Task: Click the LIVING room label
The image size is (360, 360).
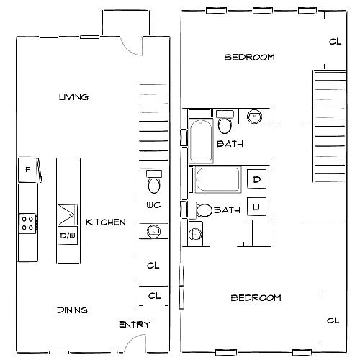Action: pyautogui.click(x=73, y=97)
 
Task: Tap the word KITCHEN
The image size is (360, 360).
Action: pyautogui.click(x=106, y=222)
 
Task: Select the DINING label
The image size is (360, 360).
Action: pyautogui.click(x=72, y=310)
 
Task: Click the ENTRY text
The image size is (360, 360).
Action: pyautogui.click(x=135, y=325)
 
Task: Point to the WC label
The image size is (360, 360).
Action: pyautogui.click(x=153, y=205)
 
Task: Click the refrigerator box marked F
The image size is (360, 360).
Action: pyautogui.click(x=27, y=170)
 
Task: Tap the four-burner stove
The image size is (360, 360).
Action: pyautogui.click(x=27, y=223)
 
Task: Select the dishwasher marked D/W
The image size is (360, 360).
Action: pyautogui.click(x=68, y=235)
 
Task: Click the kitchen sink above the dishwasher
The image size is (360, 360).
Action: pyautogui.click(x=68, y=215)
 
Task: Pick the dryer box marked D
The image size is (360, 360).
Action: pyautogui.click(x=256, y=179)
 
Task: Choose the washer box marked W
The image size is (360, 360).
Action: pyautogui.click(x=256, y=207)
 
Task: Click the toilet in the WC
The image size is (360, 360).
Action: pyautogui.click(x=154, y=182)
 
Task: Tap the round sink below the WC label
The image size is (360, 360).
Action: pyautogui.click(x=153, y=231)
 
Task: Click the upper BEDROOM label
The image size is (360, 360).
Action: pyautogui.click(x=249, y=58)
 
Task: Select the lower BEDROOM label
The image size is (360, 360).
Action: pyautogui.click(x=256, y=298)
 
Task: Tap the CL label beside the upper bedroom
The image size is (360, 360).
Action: pyautogui.click(x=335, y=42)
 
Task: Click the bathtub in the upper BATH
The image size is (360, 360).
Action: pyautogui.click(x=201, y=140)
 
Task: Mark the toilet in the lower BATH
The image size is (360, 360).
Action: pyautogui.click(x=200, y=210)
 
